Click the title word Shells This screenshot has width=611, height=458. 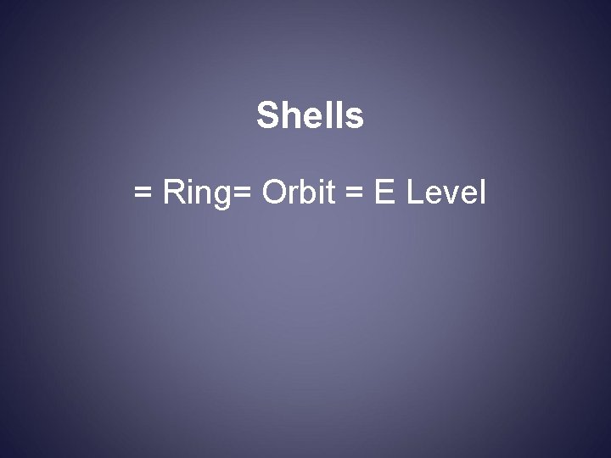click(x=310, y=116)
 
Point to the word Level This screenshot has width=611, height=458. click(x=446, y=193)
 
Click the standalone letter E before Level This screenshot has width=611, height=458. click(x=384, y=193)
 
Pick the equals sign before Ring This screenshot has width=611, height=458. click(x=143, y=195)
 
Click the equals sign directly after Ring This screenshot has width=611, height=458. click(x=241, y=195)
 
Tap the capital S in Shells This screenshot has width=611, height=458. click(x=266, y=116)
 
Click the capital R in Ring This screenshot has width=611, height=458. click(x=173, y=193)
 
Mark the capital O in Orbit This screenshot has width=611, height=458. click(x=277, y=193)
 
